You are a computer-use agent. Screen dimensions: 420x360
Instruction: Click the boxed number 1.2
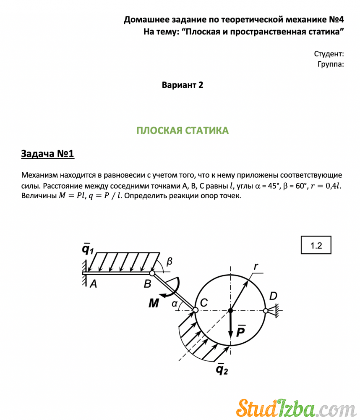tap(316, 245)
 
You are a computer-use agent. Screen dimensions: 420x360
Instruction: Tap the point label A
tap(93, 284)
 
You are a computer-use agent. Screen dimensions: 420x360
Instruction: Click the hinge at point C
tap(195, 310)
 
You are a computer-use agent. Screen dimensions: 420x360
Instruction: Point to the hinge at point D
tap(265, 311)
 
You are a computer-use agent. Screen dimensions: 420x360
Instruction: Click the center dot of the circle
tap(230, 311)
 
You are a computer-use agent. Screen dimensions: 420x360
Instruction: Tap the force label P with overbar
tap(241, 331)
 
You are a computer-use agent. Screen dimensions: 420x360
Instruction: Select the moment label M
tap(154, 303)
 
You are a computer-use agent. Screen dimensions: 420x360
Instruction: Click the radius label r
tap(256, 266)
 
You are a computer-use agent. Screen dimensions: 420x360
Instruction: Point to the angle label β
tap(169, 262)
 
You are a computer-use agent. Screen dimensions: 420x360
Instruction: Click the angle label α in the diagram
tap(175, 304)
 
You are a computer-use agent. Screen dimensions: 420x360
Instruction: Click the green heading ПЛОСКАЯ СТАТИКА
tap(183, 131)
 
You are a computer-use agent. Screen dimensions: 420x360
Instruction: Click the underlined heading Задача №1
tap(47, 154)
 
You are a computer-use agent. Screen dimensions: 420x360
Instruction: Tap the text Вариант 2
tap(183, 85)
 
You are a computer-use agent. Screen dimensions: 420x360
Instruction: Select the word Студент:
tap(329, 54)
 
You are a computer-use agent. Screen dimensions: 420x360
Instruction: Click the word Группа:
tap(331, 64)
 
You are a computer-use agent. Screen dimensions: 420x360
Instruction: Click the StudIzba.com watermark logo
tap(294, 407)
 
